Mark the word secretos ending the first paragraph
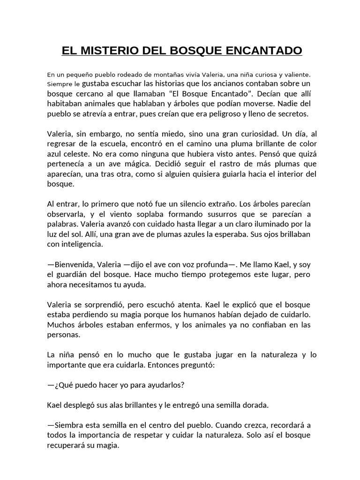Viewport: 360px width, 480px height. [292, 114]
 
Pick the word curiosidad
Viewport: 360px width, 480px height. [255, 134]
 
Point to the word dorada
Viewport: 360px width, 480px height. [267, 405]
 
